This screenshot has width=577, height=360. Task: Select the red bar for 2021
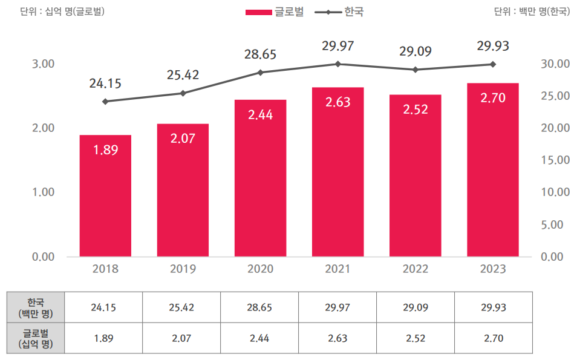pos(337,172)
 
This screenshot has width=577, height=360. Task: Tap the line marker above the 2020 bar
pos(261,73)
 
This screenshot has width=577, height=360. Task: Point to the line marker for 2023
pos(493,64)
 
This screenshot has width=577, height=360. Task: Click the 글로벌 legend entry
pos(276,11)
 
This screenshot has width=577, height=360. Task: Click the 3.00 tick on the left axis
pos(42,64)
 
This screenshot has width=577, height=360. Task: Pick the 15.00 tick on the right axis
pos(555,160)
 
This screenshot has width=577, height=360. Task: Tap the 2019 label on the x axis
pos(183,269)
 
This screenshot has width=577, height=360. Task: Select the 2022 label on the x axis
pos(415,269)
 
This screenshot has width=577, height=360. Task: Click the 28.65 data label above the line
pos(260,55)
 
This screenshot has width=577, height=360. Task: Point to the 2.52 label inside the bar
pos(415,110)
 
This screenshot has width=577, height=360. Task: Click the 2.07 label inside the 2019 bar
pos(183,139)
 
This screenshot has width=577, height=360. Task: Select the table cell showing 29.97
pos(337,307)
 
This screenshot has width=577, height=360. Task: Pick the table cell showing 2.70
pos(494,338)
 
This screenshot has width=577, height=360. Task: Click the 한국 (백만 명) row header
pos(35,307)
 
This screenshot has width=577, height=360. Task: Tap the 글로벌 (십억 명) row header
pos(35,338)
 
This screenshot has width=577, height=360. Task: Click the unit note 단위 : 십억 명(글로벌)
pos(62,11)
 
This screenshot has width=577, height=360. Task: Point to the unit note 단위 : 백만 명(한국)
pos(532,11)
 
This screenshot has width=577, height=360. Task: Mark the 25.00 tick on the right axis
pos(555,96)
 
